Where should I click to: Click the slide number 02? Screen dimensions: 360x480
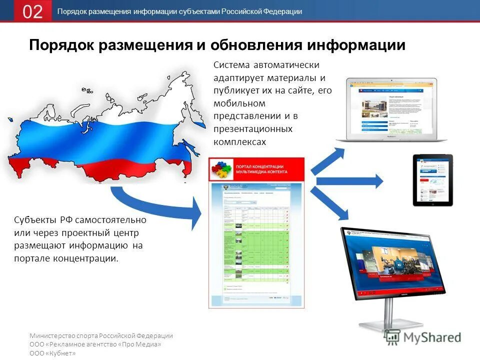click(33, 11)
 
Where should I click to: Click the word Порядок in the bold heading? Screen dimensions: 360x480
click(61, 45)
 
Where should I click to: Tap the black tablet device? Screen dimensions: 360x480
click(432, 180)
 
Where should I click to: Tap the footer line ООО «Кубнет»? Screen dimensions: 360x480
click(52, 353)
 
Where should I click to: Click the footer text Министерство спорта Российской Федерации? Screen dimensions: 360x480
click(101, 336)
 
